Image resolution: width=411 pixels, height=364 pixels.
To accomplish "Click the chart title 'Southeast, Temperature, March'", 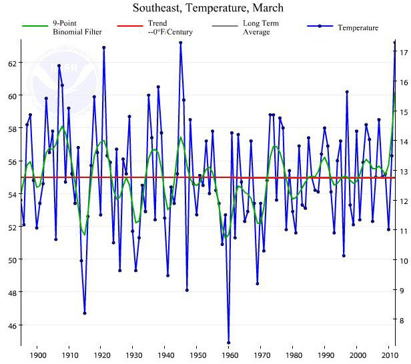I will (208, 9).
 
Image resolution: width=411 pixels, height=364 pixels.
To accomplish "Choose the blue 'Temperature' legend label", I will (358, 27).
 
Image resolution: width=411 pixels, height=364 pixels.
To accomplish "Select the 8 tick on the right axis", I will (402, 320).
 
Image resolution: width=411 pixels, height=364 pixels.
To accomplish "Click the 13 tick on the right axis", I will (402, 171).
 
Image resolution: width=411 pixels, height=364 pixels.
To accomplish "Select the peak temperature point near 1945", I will (180, 43).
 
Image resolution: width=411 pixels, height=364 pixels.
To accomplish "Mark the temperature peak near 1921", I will (103, 47).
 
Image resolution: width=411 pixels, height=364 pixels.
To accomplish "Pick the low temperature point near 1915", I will (85, 313).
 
